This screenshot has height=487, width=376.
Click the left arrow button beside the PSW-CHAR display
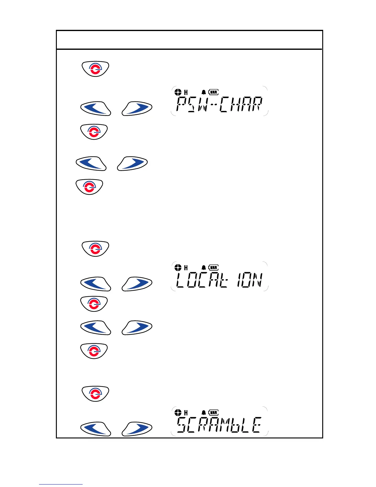pyautogui.click(x=96, y=109)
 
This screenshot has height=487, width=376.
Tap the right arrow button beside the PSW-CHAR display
pyautogui.click(x=137, y=109)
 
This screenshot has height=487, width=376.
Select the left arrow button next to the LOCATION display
pyautogui.click(x=96, y=284)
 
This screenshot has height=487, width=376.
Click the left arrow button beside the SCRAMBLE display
pyautogui.click(x=96, y=429)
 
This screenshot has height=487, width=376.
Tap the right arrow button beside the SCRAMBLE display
pyautogui.click(x=137, y=429)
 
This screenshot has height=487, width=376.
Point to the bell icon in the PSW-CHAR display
pyautogui.click(x=203, y=92)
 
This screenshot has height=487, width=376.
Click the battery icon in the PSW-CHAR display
pyautogui.click(x=213, y=92)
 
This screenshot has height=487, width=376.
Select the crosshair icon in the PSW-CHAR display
pyautogui.click(x=178, y=92)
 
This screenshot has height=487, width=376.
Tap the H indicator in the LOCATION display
pyautogui.click(x=186, y=267)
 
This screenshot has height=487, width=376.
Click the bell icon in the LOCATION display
pyautogui.click(x=203, y=267)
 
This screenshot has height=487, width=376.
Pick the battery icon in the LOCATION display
pyautogui.click(x=213, y=267)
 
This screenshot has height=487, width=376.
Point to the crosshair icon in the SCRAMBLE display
pyautogui.click(x=178, y=413)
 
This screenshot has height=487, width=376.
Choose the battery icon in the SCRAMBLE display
pyautogui.click(x=213, y=413)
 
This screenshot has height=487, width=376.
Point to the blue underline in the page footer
pyautogui.click(x=61, y=484)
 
